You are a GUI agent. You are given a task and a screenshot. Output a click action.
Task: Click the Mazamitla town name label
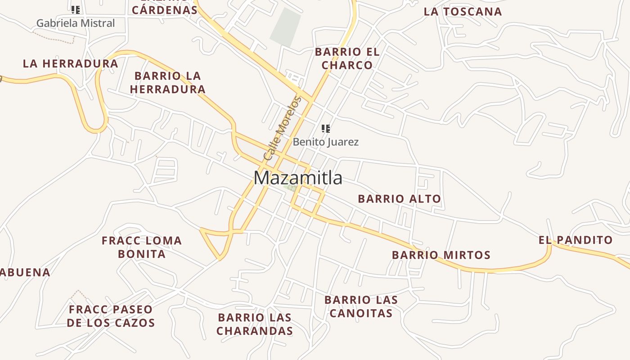click(x=298, y=178)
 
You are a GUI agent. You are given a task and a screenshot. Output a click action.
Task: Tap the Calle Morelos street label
click(x=282, y=129)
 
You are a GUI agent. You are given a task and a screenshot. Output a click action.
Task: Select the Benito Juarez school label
click(x=326, y=142)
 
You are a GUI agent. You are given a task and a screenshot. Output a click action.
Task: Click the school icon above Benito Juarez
click(x=326, y=129)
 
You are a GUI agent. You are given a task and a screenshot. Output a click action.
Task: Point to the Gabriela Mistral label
click(x=76, y=23)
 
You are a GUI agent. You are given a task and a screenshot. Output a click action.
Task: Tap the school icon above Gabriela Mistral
click(x=76, y=9)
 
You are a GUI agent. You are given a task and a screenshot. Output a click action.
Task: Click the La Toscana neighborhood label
click(x=463, y=12)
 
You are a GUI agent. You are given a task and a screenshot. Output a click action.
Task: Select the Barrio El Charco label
click(x=347, y=58)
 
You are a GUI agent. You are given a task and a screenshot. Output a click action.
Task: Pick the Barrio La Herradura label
click(x=168, y=82)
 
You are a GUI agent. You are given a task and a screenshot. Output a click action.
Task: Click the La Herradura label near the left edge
click(x=71, y=63)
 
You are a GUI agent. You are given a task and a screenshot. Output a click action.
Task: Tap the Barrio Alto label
click(x=399, y=198)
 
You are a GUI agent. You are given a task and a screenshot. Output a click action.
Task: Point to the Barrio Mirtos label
click(x=441, y=255)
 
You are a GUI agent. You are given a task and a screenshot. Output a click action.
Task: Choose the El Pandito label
click(x=576, y=240)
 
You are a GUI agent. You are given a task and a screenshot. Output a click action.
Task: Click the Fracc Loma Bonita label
click(x=142, y=247)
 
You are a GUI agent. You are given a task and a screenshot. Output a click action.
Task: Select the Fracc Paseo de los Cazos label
click(x=111, y=316)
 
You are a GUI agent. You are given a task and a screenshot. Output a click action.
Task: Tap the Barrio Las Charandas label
click(x=255, y=324)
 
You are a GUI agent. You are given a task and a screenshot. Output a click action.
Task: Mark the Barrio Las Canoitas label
click(x=361, y=306)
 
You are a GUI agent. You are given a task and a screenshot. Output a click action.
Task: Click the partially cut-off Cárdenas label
click(x=165, y=9)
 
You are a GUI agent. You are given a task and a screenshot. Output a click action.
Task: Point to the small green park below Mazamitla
click(x=292, y=188)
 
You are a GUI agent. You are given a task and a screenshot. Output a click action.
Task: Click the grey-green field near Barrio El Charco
click(x=286, y=26)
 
